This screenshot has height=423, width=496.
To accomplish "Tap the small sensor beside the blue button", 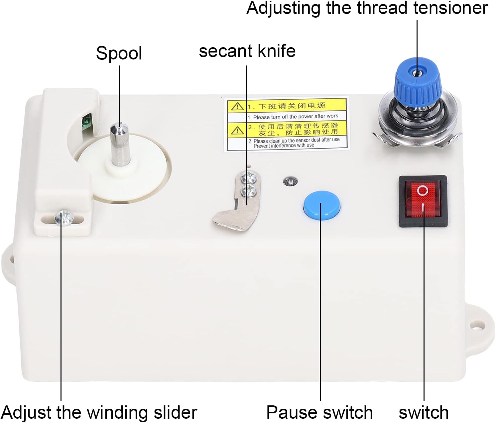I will (290, 181).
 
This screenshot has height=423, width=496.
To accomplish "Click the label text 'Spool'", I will (119, 53).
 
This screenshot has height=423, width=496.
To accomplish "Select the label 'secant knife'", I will (247, 51).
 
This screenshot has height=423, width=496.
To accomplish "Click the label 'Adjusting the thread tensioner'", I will (367, 8).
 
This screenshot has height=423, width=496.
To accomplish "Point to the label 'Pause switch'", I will (319, 412).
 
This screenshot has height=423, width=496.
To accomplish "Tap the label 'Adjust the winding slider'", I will (99, 412).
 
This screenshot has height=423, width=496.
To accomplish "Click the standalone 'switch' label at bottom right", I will (424, 412).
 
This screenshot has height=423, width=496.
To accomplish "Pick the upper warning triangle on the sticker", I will (237, 107).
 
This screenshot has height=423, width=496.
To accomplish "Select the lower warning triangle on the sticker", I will (237, 130).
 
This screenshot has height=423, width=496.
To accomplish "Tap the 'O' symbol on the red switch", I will (423, 191).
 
